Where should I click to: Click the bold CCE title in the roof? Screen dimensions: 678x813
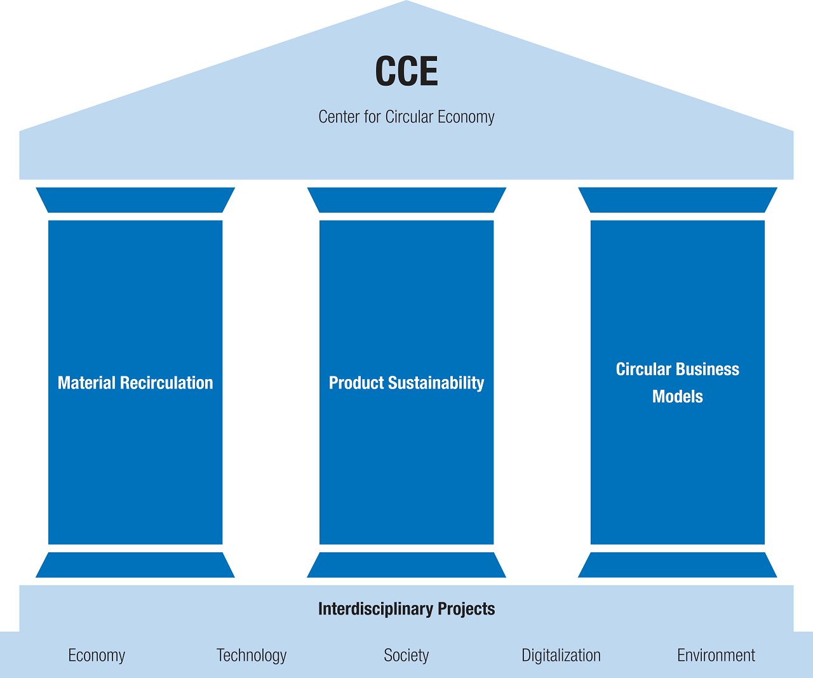[x=406, y=72]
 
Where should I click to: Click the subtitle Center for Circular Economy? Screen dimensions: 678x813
[x=406, y=117]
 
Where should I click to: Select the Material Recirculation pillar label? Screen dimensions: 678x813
[x=135, y=383]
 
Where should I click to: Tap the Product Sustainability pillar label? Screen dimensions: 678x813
[x=406, y=383]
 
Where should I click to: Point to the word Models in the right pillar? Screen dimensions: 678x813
[x=678, y=397]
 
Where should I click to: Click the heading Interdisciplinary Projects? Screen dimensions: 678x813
[x=406, y=609]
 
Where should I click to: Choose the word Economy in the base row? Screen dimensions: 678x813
[x=97, y=655]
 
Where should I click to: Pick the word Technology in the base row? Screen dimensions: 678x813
[x=252, y=655]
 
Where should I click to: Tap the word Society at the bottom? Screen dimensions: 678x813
[x=406, y=655]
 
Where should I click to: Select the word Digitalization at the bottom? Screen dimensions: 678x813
[x=561, y=655]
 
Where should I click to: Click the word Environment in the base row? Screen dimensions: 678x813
[x=716, y=655]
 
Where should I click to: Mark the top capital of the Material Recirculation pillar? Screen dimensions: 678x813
[x=135, y=200]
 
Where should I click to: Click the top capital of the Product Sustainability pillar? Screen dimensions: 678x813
[x=406, y=200]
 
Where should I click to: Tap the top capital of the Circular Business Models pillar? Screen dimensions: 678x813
[x=678, y=200]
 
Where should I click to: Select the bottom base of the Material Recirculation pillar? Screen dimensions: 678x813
[x=135, y=565]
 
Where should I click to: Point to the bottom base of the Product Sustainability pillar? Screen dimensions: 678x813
[x=406, y=565]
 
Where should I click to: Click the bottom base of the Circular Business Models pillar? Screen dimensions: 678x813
[x=678, y=565]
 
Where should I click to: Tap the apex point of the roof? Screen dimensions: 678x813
[x=406, y=3]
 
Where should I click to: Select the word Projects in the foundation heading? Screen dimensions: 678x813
[x=466, y=609]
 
